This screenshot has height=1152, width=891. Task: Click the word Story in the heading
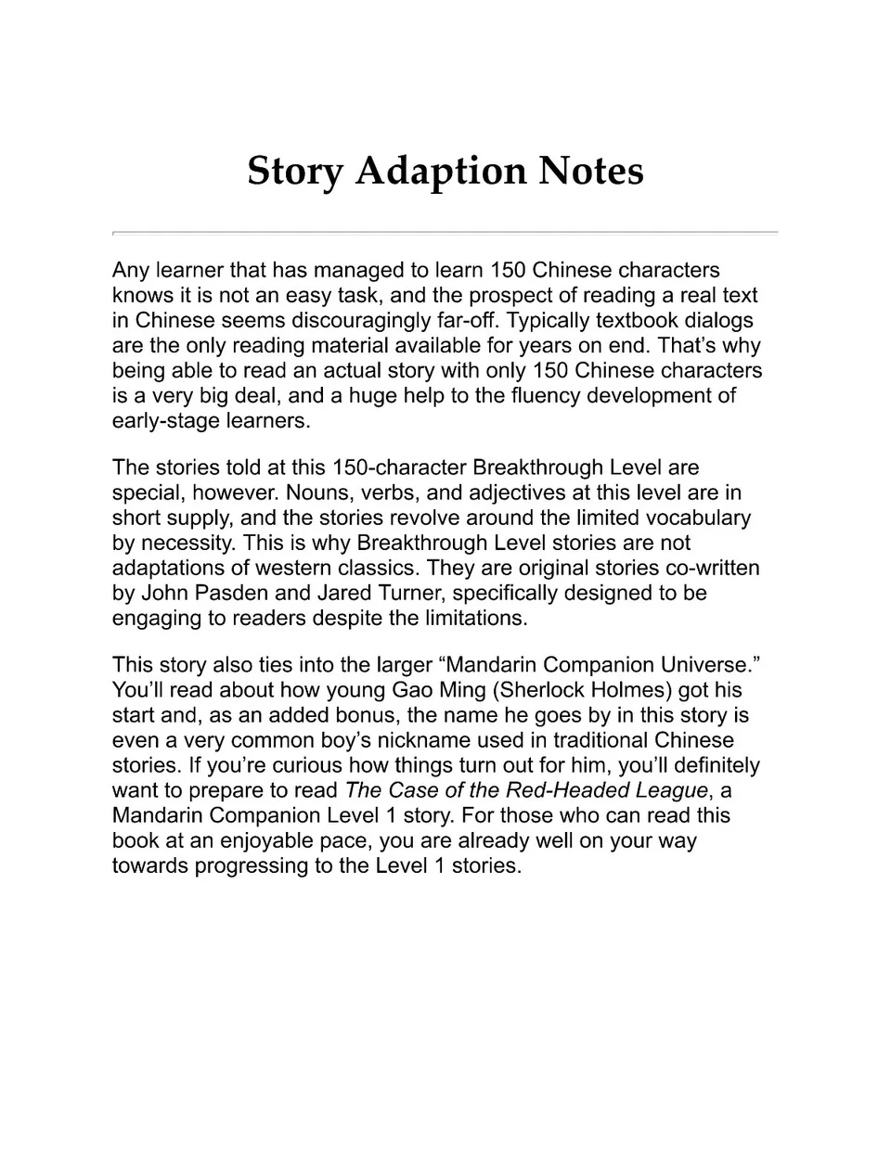pyautogui.click(x=294, y=173)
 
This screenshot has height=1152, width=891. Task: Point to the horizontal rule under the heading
pyautogui.click(x=445, y=232)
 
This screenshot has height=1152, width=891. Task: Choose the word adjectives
pyautogui.click(x=524, y=493)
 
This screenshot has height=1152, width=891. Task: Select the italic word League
pyautogui.click(x=670, y=790)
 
